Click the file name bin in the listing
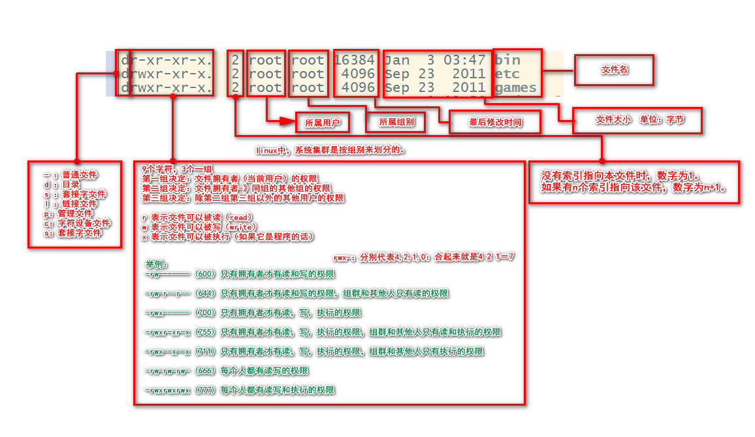(x=509, y=61)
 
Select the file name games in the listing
(x=516, y=87)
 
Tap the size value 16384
(x=354, y=61)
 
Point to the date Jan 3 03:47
(x=435, y=61)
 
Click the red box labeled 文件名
(x=614, y=69)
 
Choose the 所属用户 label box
(x=323, y=122)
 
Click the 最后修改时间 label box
(x=495, y=122)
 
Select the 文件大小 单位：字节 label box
(x=637, y=120)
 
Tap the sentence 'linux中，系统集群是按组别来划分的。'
(x=331, y=150)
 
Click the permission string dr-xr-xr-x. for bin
(x=167, y=61)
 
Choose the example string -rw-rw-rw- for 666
(x=169, y=370)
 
